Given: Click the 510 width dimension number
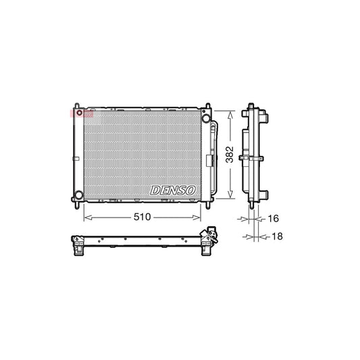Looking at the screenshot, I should (x=142, y=217).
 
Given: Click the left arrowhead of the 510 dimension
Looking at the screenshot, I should (x=85, y=217).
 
